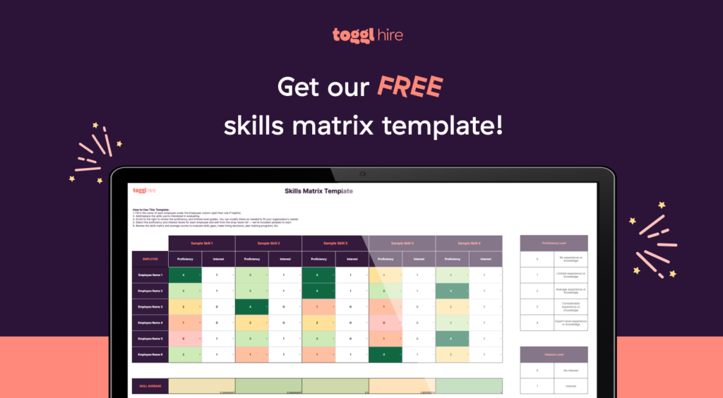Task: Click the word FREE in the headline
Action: (x=410, y=87)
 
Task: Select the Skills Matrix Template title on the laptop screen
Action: (x=318, y=191)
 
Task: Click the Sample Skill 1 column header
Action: (x=201, y=243)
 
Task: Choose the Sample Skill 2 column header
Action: (x=268, y=243)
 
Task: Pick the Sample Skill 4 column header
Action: (x=469, y=243)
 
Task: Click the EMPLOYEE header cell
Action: (x=150, y=259)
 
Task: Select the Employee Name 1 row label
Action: (x=150, y=275)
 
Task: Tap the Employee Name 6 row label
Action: (x=150, y=354)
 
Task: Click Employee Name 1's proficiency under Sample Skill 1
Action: (x=184, y=275)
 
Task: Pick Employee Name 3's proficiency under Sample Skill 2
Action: (x=251, y=307)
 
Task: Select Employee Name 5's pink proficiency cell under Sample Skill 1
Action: (x=184, y=339)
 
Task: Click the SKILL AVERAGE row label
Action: (x=150, y=386)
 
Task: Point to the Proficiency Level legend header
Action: (x=554, y=243)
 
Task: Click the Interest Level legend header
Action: (x=554, y=354)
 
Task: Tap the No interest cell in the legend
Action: (x=569, y=370)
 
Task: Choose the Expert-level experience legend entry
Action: (x=569, y=322)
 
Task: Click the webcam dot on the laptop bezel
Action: (x=362, y=173)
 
